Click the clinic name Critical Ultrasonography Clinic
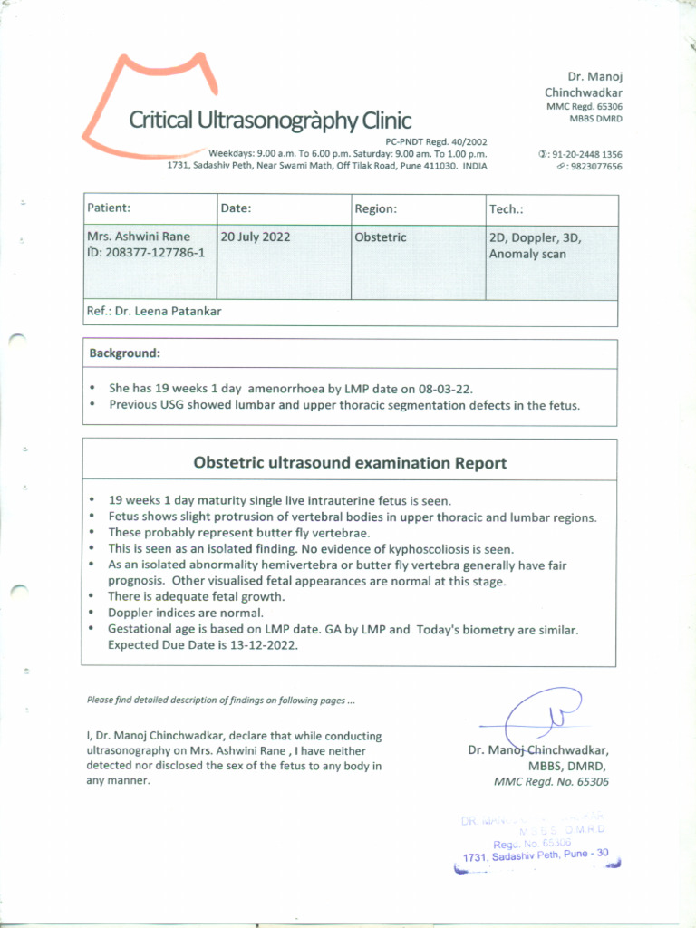coord(269,120)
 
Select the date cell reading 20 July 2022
coord(255,237)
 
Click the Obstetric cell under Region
coord(381,237)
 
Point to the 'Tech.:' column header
coord(506,208)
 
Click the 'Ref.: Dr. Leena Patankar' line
coord(154,312)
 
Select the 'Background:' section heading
coord(124,353)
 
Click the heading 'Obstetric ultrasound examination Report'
coord(350,463)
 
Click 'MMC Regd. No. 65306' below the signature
coord(551,782)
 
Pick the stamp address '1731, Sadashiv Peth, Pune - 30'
coord(535,855)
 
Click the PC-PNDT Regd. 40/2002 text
coord(436,142)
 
